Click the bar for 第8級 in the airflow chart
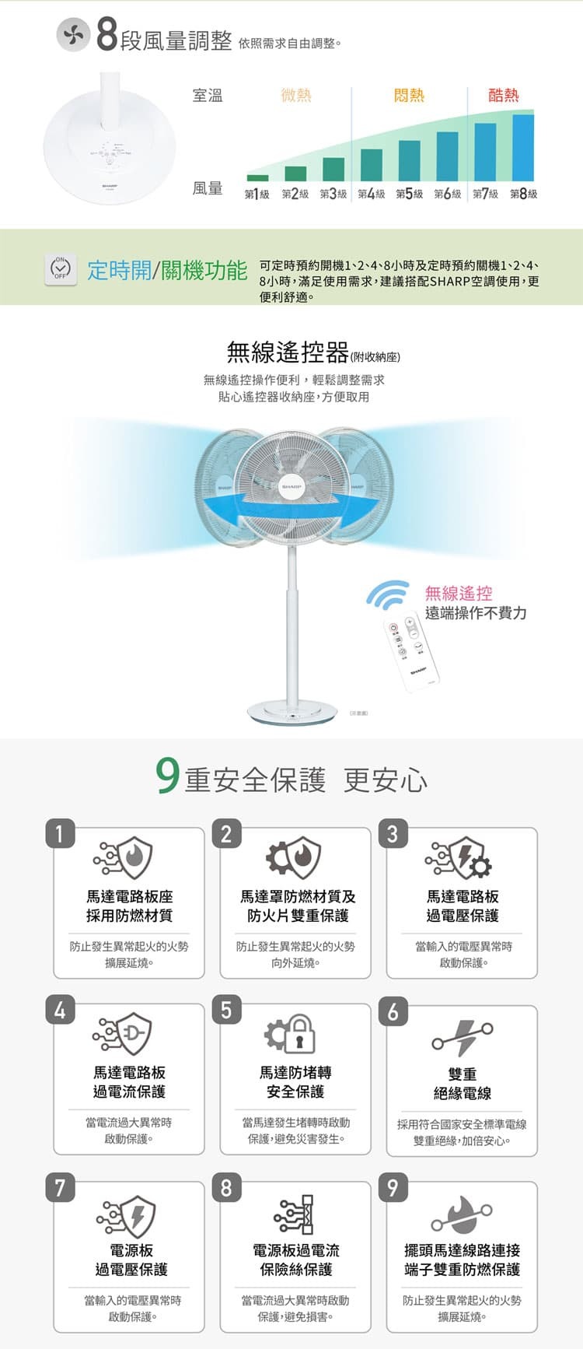coord(523,147)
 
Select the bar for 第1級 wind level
coord(257,177)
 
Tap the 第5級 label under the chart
coord(410,194)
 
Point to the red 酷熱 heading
coord(503,95)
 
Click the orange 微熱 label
coord(296,95)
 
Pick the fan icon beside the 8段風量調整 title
coord(73,37)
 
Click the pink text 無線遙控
coord(459,594)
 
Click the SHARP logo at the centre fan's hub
coord(291,484)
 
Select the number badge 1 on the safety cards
coord(60,833)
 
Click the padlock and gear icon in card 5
coord(291,1034)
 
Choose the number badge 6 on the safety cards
coord(393,1011)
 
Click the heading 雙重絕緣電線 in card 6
coord(463,1083)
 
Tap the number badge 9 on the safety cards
coord(393,1188)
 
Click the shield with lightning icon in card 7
coord(128,1215)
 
